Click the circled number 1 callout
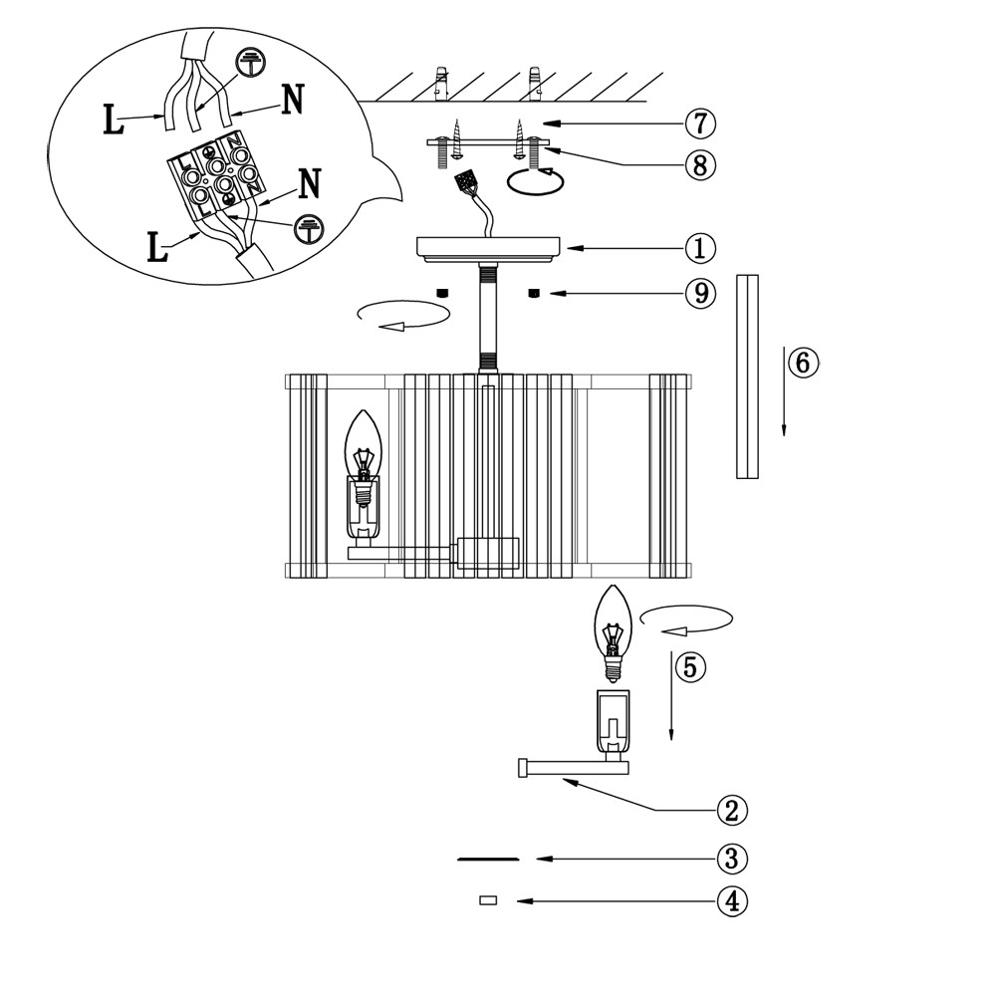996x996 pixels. pos(701,247)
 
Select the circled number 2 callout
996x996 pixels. pos(732,810)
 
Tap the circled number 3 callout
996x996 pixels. pos(732,858)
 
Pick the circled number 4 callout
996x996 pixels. pos(732,901)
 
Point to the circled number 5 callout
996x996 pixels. pos(690,667)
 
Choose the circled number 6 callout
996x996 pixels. pos(803,363)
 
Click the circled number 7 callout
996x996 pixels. pos(701,124)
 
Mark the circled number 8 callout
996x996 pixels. pos(701,163)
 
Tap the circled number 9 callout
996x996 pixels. pos(701,293)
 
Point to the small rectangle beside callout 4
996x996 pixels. pos(488,901)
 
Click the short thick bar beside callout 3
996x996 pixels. pos(488,859)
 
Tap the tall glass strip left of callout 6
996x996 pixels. pos(747,375)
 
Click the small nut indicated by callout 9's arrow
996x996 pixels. pos(534,293)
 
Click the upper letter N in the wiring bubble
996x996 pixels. pos(291,101)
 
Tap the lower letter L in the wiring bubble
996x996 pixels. pos(157,247)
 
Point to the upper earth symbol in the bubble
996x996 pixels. pos(249,63)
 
